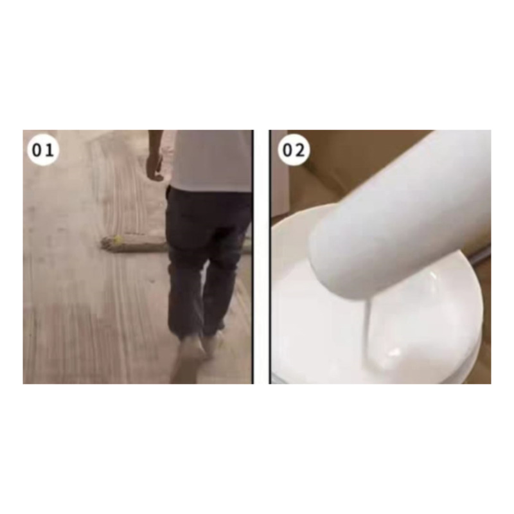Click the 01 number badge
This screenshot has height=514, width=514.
click(42, 150)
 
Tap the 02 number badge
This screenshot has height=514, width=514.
click(294, 150)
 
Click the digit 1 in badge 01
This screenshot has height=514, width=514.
click(49, 150)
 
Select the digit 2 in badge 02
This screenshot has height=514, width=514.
click(299, 150)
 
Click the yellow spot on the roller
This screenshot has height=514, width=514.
click(116, 240)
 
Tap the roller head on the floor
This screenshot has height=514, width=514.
click(134, 244)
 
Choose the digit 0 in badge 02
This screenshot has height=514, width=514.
click(287, 150)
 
